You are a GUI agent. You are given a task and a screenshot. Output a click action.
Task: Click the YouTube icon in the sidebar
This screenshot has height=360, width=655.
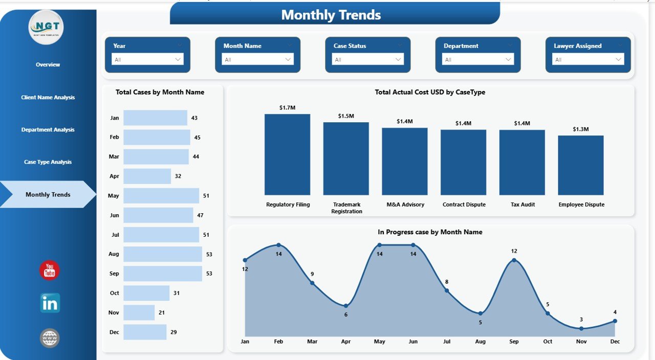(x=50, y=271)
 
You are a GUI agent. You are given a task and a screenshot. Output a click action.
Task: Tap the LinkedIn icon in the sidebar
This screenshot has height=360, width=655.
(x=50, y=303)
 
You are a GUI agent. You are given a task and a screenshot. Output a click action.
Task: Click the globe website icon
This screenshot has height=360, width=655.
(x=50, y=338)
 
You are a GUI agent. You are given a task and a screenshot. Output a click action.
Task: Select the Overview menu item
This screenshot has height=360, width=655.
(x=48, y=65)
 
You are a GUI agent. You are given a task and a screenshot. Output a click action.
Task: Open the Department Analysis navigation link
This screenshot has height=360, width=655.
(x=48, y=130)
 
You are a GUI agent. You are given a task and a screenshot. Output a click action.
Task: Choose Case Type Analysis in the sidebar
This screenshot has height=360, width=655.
(x=48, y=162)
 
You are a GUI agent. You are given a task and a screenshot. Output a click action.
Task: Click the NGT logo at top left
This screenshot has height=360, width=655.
(x=46, y=27)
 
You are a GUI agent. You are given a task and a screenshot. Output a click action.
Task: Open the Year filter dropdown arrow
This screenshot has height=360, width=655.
(x=178, y=59)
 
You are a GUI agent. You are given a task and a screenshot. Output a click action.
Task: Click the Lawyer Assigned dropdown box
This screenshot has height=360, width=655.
(x=587, y=59)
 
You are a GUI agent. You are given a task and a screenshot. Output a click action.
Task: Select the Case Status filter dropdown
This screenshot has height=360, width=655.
(x=367, y=59)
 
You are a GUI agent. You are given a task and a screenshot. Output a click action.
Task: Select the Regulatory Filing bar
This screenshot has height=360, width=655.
(x=287, y=154)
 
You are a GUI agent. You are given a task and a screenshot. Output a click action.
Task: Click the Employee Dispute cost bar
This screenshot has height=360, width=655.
(x=581, y=165)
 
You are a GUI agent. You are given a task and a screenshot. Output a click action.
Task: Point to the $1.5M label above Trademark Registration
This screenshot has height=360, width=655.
(x=346, y=116)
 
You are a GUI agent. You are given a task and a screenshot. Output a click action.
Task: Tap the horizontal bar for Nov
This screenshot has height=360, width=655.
(x=139, y=312)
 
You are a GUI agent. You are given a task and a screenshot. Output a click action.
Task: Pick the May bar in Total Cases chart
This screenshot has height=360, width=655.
(x=161, y=196)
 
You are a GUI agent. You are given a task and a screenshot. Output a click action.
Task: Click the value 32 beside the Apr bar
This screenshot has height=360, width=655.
(x=178, y=176)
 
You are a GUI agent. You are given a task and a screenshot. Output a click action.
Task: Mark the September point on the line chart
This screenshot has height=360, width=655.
(x=514, y=260)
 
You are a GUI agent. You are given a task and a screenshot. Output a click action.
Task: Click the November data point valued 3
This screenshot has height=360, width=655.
(x=581, y=328)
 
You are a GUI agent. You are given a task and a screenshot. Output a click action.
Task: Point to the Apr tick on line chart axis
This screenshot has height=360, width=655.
(x=346, y=342)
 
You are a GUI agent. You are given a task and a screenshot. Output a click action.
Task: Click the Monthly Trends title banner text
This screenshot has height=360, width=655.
(x=331, y=15)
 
